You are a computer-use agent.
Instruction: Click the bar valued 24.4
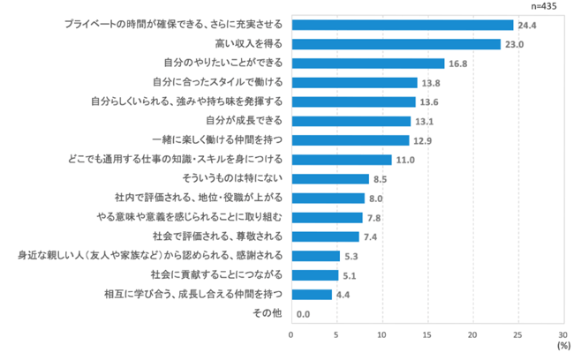[x=402, y=25]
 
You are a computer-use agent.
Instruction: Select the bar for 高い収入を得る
[x=396, y=44]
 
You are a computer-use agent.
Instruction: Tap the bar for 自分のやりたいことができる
[x=367, y=64]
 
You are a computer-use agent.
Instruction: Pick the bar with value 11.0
[x=341, y=160]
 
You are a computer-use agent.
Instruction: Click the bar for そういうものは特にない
[x=329, y=178]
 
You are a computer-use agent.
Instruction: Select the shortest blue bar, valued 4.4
[x=311, y=294]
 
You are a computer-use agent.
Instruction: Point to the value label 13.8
[x=430, y=83]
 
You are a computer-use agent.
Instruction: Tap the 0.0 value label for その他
[x=304, y=313]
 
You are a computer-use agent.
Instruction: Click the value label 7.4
[x=372, y=236]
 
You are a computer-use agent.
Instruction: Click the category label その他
[x=268, y=313]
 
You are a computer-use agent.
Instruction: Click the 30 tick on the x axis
[x=562, y=334]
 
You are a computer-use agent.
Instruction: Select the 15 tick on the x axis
[x=426, y=334]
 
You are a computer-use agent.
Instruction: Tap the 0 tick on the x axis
[x=291, y=334]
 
